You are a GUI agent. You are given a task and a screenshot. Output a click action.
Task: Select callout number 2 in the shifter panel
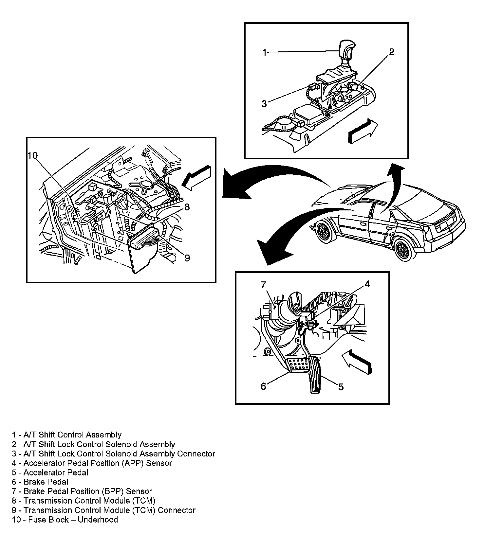391,52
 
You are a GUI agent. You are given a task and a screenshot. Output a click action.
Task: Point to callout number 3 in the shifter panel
264,104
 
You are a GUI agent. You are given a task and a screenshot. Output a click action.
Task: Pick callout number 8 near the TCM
187,207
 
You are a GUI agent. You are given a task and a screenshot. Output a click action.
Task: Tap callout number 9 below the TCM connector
187,258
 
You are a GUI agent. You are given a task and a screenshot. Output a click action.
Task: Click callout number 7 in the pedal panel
264,285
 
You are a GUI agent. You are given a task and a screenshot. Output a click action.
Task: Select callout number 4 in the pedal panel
367,284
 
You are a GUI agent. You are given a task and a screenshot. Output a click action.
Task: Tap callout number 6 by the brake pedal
263,386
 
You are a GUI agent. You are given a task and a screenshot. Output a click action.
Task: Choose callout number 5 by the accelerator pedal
341,387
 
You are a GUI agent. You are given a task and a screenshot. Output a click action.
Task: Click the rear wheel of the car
402,250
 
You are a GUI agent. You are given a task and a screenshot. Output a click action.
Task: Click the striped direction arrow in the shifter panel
362,131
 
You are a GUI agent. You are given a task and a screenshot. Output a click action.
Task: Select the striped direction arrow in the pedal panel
357,362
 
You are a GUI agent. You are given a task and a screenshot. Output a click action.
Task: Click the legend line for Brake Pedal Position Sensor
82,491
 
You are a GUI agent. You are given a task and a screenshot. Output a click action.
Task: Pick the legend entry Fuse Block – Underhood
65,520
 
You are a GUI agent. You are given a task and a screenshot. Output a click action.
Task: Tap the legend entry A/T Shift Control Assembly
67,435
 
